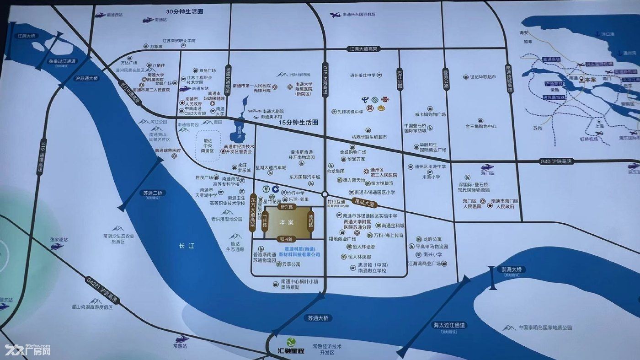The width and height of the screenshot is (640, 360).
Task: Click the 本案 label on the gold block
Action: (287, 222)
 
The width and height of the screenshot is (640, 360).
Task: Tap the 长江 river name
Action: (187, 246)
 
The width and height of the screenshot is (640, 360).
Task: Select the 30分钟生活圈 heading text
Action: (185, 11)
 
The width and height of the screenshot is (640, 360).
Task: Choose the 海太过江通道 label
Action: (449, 325)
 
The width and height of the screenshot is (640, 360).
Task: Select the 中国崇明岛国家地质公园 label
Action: (545, 328)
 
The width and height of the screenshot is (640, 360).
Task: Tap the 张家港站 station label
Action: (59, 239)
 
